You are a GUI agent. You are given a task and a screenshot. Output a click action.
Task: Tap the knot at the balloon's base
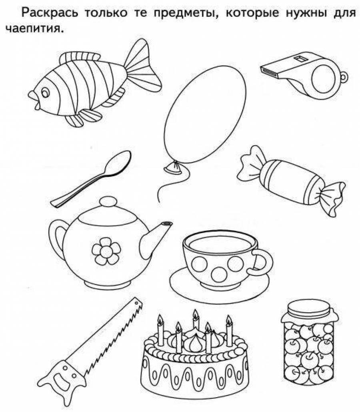pos(173,167)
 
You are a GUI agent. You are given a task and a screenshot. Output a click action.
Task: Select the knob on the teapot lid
pos(108,203)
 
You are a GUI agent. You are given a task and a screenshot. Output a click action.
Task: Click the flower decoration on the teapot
pos(106,251)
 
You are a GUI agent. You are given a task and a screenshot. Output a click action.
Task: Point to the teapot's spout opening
pos(167,224)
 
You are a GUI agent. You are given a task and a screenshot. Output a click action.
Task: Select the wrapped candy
pos(292,179)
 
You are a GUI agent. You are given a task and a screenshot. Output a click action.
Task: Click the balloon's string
pos(173,184)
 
